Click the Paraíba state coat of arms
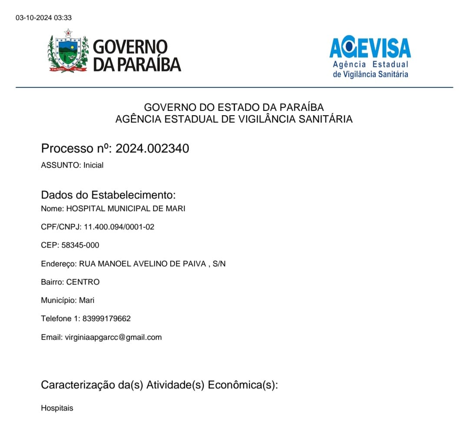pyautogui.click(x=68, y=51)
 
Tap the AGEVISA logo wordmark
pyautogui.click(x=370, y=48)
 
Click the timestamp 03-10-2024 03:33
pyautogui.click(x=43, y=18)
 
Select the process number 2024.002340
pyautogui.click(x=152, y=149)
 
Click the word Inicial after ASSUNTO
pyautogui.click(x=93, y=165)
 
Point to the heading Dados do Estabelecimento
pyautogui.click(x=108, y=195)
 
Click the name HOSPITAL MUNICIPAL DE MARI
pyautogui.click(x=126, y=209)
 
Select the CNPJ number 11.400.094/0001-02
pyautogui.click(x=119, y=227)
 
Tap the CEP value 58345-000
pyautogui.click(x=80, y=245)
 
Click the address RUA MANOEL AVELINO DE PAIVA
pyautogui.click(x=142, y=264)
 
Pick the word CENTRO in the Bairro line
pyautogui.click(x=83, y=282)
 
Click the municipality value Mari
pyautogui.click(x=87, y=300)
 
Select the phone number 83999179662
pyautogui.click(x=105, y=318)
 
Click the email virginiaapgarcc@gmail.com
pyautogui.click(x=113, y=337)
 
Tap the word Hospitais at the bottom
pyautogui.click(x=57, y=408)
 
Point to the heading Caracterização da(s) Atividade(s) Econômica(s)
pyautogui.click(x=159, y=385)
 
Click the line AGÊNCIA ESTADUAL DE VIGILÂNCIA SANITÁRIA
pyautogui.click(x=234, y=119)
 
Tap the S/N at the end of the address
pyautogui.click(x=219, y=264)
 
